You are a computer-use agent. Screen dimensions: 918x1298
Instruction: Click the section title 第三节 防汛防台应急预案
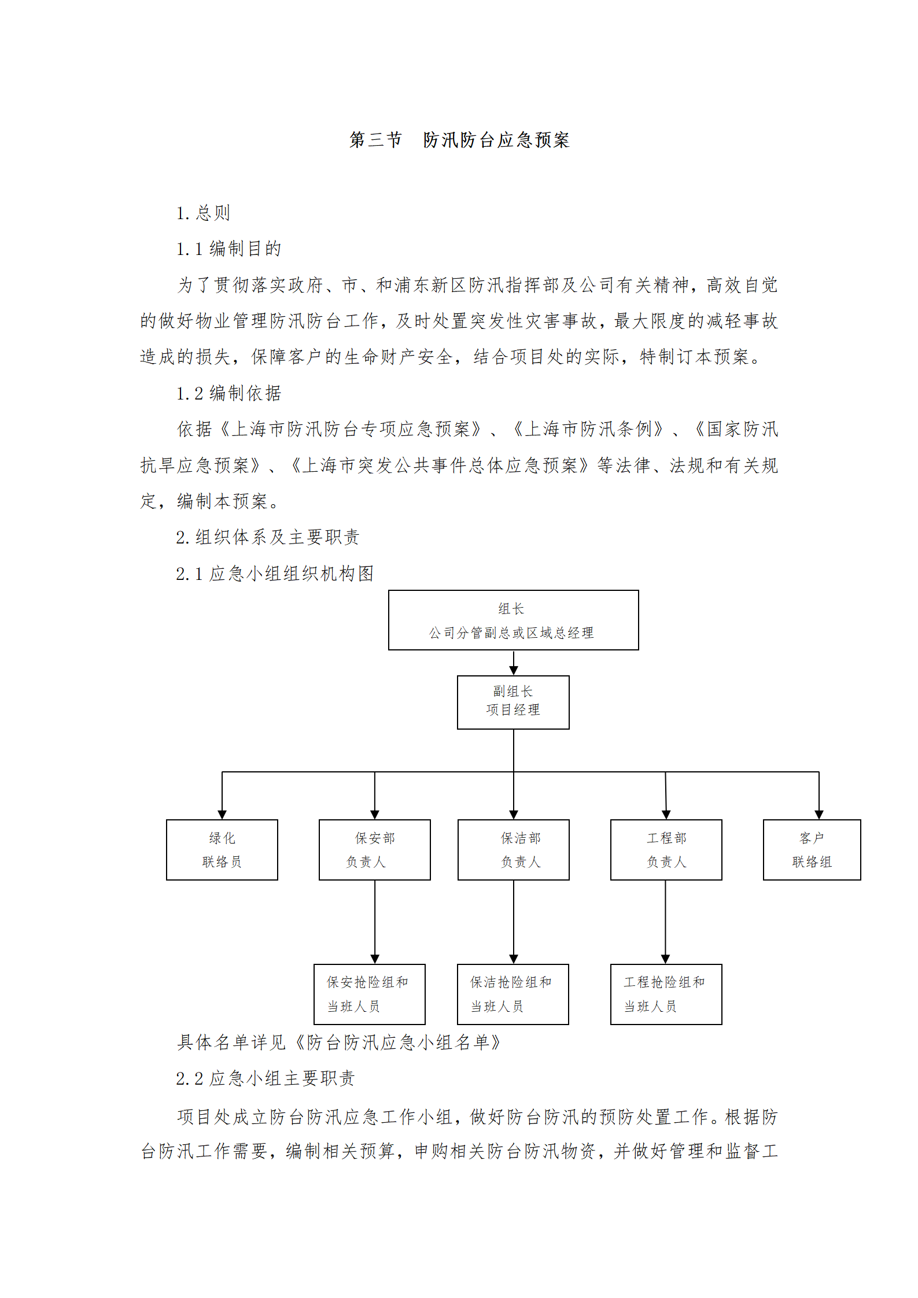click(459, 140)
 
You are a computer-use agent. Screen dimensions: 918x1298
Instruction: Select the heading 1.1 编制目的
click(229, 249)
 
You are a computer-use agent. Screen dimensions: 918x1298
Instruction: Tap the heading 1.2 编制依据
click(229, 393)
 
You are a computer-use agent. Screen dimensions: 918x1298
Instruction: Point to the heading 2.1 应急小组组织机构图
click(275, 574)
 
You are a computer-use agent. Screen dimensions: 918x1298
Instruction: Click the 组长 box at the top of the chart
click(514, 620)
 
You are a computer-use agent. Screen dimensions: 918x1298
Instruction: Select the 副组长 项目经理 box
click(513, 702)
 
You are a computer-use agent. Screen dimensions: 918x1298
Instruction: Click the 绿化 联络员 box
click(222, 849)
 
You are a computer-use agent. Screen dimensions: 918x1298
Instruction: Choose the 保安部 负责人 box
click(375, 849)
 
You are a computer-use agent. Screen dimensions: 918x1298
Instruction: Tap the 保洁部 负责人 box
click(514, 849)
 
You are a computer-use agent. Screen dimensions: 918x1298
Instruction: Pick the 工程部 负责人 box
click(666, 849)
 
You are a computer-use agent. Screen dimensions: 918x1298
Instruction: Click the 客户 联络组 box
click(812, 849)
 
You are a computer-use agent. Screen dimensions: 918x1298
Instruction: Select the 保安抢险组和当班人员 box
click(370, 994)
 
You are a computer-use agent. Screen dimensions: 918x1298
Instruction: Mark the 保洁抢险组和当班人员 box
click(513, 994)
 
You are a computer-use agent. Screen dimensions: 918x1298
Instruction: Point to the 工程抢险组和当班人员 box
click(666, 994)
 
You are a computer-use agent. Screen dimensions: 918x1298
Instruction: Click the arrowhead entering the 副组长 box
click(514, 671)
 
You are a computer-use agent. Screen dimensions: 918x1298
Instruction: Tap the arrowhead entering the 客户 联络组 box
click(819, 815)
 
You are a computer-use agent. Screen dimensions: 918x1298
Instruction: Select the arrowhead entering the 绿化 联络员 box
click(222, 815)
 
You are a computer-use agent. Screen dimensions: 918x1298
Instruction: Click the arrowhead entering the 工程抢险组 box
click(665, 959)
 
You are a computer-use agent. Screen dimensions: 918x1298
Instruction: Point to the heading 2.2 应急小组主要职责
click(266, 1078)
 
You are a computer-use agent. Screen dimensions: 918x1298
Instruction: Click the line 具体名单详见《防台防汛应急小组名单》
click(339, 1042)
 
